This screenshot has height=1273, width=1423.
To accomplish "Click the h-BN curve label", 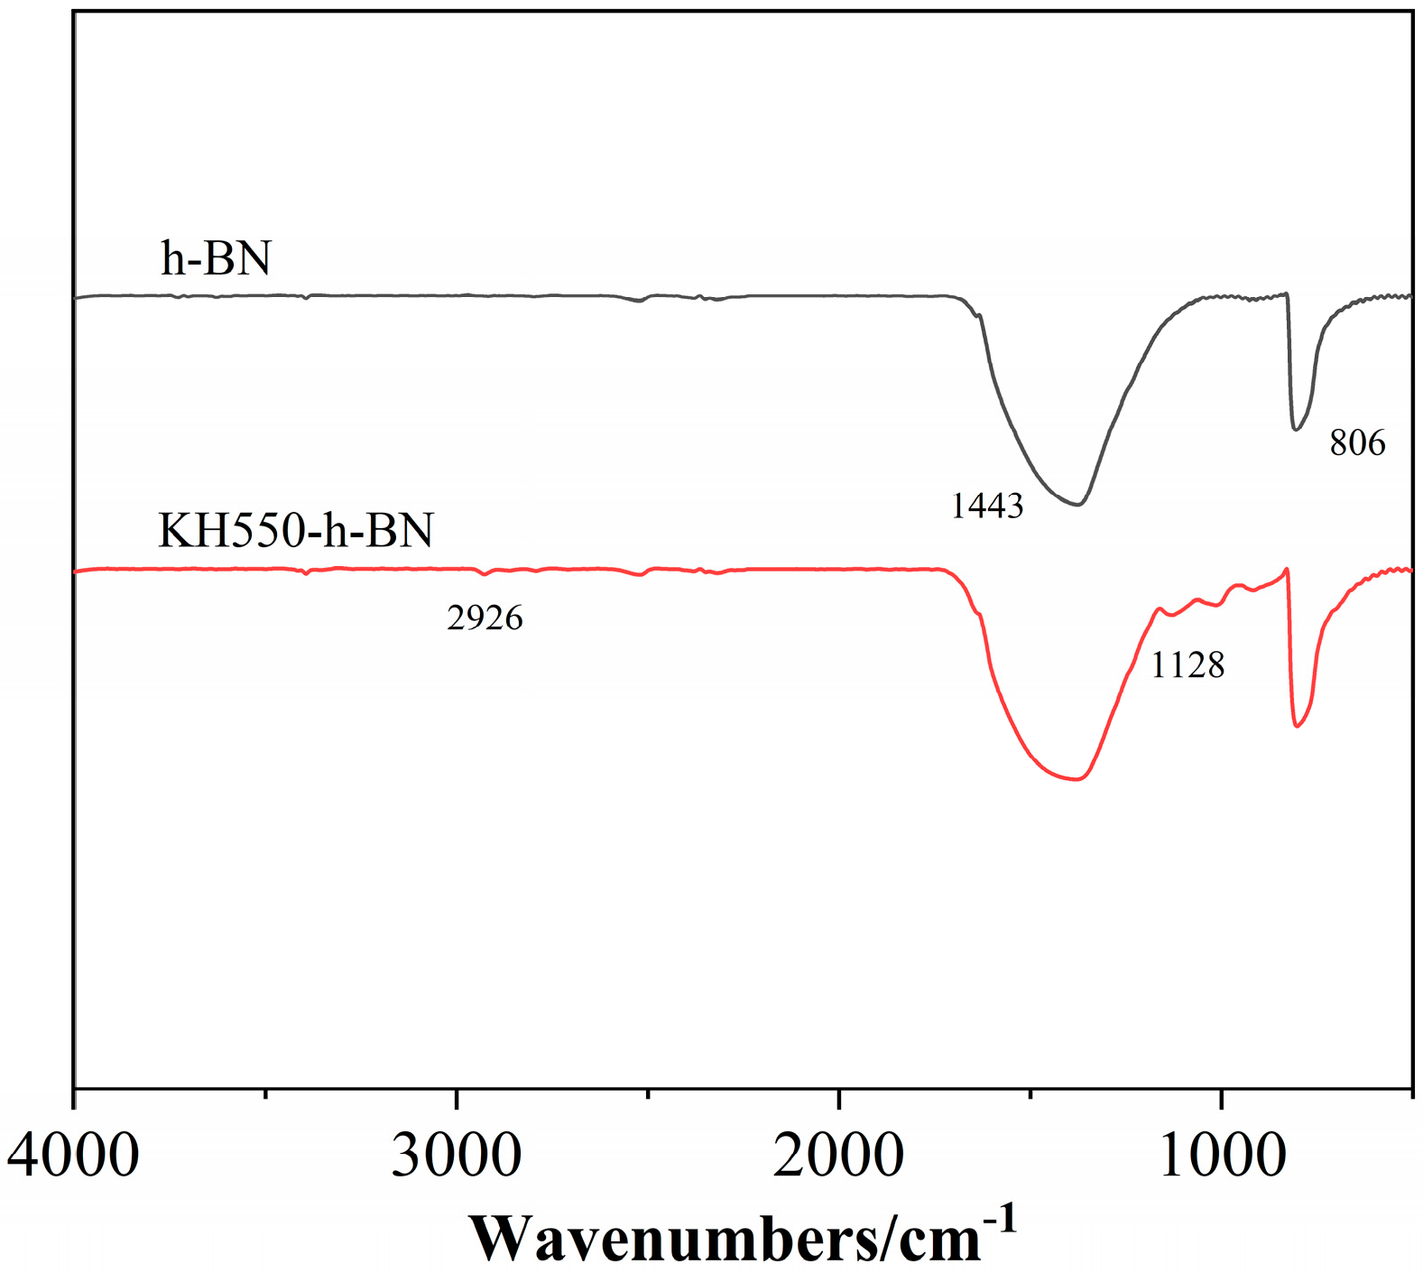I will tap(216, 258).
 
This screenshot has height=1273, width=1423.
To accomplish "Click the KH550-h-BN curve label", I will tap(295, 531).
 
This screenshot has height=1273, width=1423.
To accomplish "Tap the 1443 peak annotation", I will tap(987, 506).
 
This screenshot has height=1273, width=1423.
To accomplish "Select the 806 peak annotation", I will tap(1357, 443).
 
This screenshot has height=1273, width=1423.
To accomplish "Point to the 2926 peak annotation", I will tap(485, 618).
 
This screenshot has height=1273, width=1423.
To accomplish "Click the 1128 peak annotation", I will tap(1187, 665).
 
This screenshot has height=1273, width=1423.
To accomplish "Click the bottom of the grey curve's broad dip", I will tap(1076, 505).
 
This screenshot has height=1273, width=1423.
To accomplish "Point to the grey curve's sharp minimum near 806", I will tap(1296, 429).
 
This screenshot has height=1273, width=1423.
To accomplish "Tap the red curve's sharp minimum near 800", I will tap(1297, 726).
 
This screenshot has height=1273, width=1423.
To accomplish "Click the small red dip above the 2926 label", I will tap(485, 574).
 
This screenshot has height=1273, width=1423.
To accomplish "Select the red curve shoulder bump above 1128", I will tap(1160, 609).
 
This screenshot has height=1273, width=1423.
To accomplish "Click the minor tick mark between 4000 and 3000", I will tap(265, 1094).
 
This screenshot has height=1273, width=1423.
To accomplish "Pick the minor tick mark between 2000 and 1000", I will tap(1030, 1094).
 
